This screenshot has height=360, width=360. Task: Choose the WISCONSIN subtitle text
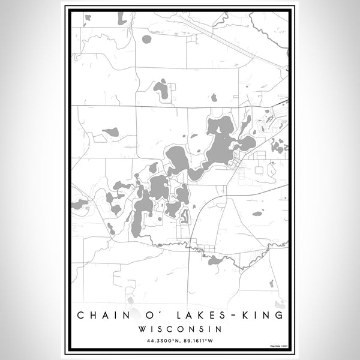pyautogui.click(x=180, y=329)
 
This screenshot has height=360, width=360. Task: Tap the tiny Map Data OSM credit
pyautogui.click(x=279, y=346)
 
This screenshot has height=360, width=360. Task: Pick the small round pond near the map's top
pyautogui.click(x=146, y=39)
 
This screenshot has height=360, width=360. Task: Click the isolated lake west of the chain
pyautogui.click(x=111, y=132)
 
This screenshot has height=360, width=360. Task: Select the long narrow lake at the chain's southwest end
pyautogui.click(x=141, y=213)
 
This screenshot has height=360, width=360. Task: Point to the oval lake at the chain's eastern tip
pyautogui.click(x=245, y=143)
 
